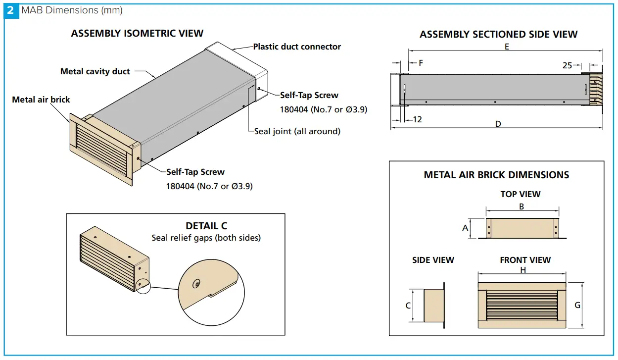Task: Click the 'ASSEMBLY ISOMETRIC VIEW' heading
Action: (x=137, y=33)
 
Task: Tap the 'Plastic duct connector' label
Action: (x=297, y=47)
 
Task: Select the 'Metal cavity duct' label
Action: (x=95, y=71)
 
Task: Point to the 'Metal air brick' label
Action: (x=41, y=100)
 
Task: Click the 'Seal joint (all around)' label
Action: (x=297, y=131)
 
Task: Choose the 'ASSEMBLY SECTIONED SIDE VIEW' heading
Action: (x=498, y=34)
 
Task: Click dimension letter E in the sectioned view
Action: (x=507, y=48)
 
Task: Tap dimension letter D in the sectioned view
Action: (x=498, y=124)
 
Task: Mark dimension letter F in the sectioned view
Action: (x=421, y=63)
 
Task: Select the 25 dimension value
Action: (x=567, y=65)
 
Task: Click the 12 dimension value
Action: (x=417, y=119)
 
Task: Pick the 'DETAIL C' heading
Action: (x=206, y=226)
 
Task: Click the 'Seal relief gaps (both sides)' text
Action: (x=206, y=238)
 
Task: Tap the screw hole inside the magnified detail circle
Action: (x=197, y=284)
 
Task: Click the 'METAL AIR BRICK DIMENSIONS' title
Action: (x=496, y=175)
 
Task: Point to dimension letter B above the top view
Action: (x=522, y=206)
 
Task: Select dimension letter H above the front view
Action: (x=523, y=270)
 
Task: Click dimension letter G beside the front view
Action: (x=577, y=305)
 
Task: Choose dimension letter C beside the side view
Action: (x=408, y=306)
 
